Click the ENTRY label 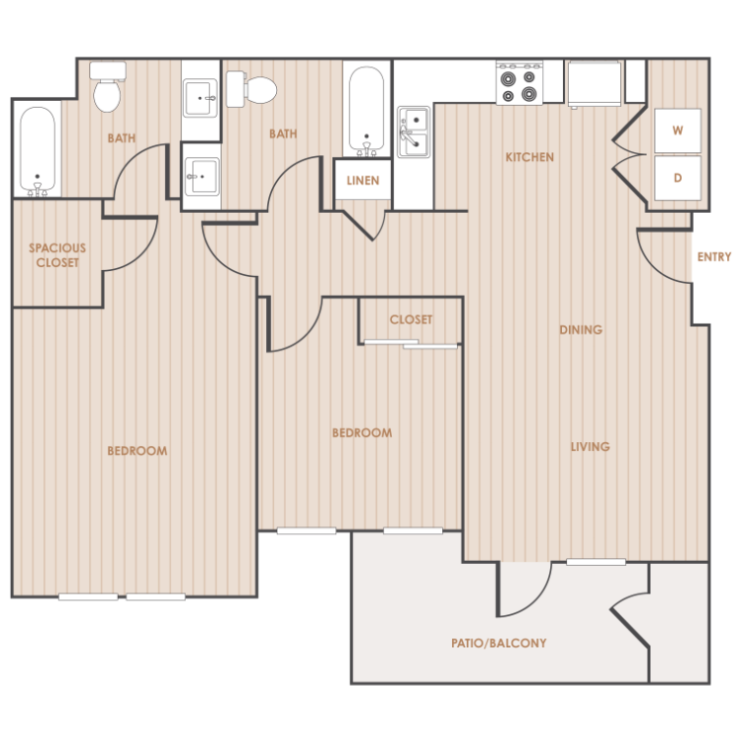(714, 257)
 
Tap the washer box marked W (678, 131)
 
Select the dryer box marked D (678, 178)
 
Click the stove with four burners (519, 83)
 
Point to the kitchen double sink (415, 132)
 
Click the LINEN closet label (363, 181)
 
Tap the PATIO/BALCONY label (499, 643)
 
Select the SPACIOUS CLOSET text (57, 255)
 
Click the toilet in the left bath (108, 87)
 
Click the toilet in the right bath (251, 89)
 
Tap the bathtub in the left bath (38, 151)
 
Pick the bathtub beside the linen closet (366, 111)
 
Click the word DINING (581, 329)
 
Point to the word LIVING (590, 447)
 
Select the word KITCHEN (529, 157)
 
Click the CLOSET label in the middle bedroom (411, 320)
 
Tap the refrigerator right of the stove (595, 84)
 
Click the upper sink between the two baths (201, 98)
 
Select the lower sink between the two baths (202, 176)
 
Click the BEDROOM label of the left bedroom (138, 451)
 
